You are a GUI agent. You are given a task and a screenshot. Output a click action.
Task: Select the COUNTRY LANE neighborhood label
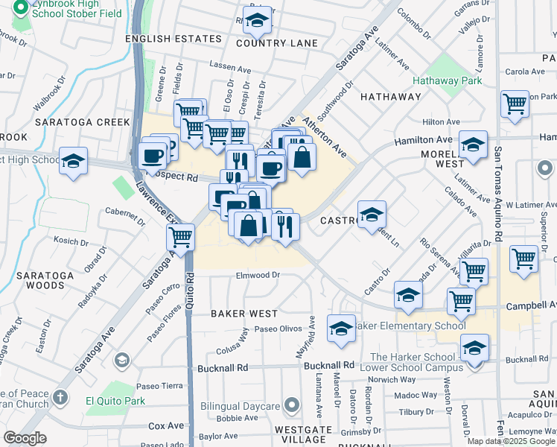coord(277,44)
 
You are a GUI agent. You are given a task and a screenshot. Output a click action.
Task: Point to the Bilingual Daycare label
coord(240,407)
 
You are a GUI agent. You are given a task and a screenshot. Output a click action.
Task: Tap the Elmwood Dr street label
coord(257,275)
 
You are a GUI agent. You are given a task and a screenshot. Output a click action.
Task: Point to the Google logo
coord(25,438)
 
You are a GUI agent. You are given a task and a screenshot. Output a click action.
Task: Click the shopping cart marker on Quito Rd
coord(181,238)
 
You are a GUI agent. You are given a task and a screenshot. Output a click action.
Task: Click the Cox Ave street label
coord(165,426)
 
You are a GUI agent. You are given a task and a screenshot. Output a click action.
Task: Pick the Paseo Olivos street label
coord(278,329)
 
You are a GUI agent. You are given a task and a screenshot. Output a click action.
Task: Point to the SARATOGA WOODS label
coord(50,279)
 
